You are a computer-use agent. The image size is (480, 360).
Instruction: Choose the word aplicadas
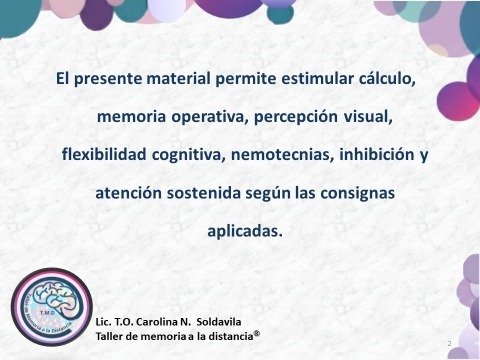point(244,231)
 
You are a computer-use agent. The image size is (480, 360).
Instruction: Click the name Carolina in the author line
point(160,323)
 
